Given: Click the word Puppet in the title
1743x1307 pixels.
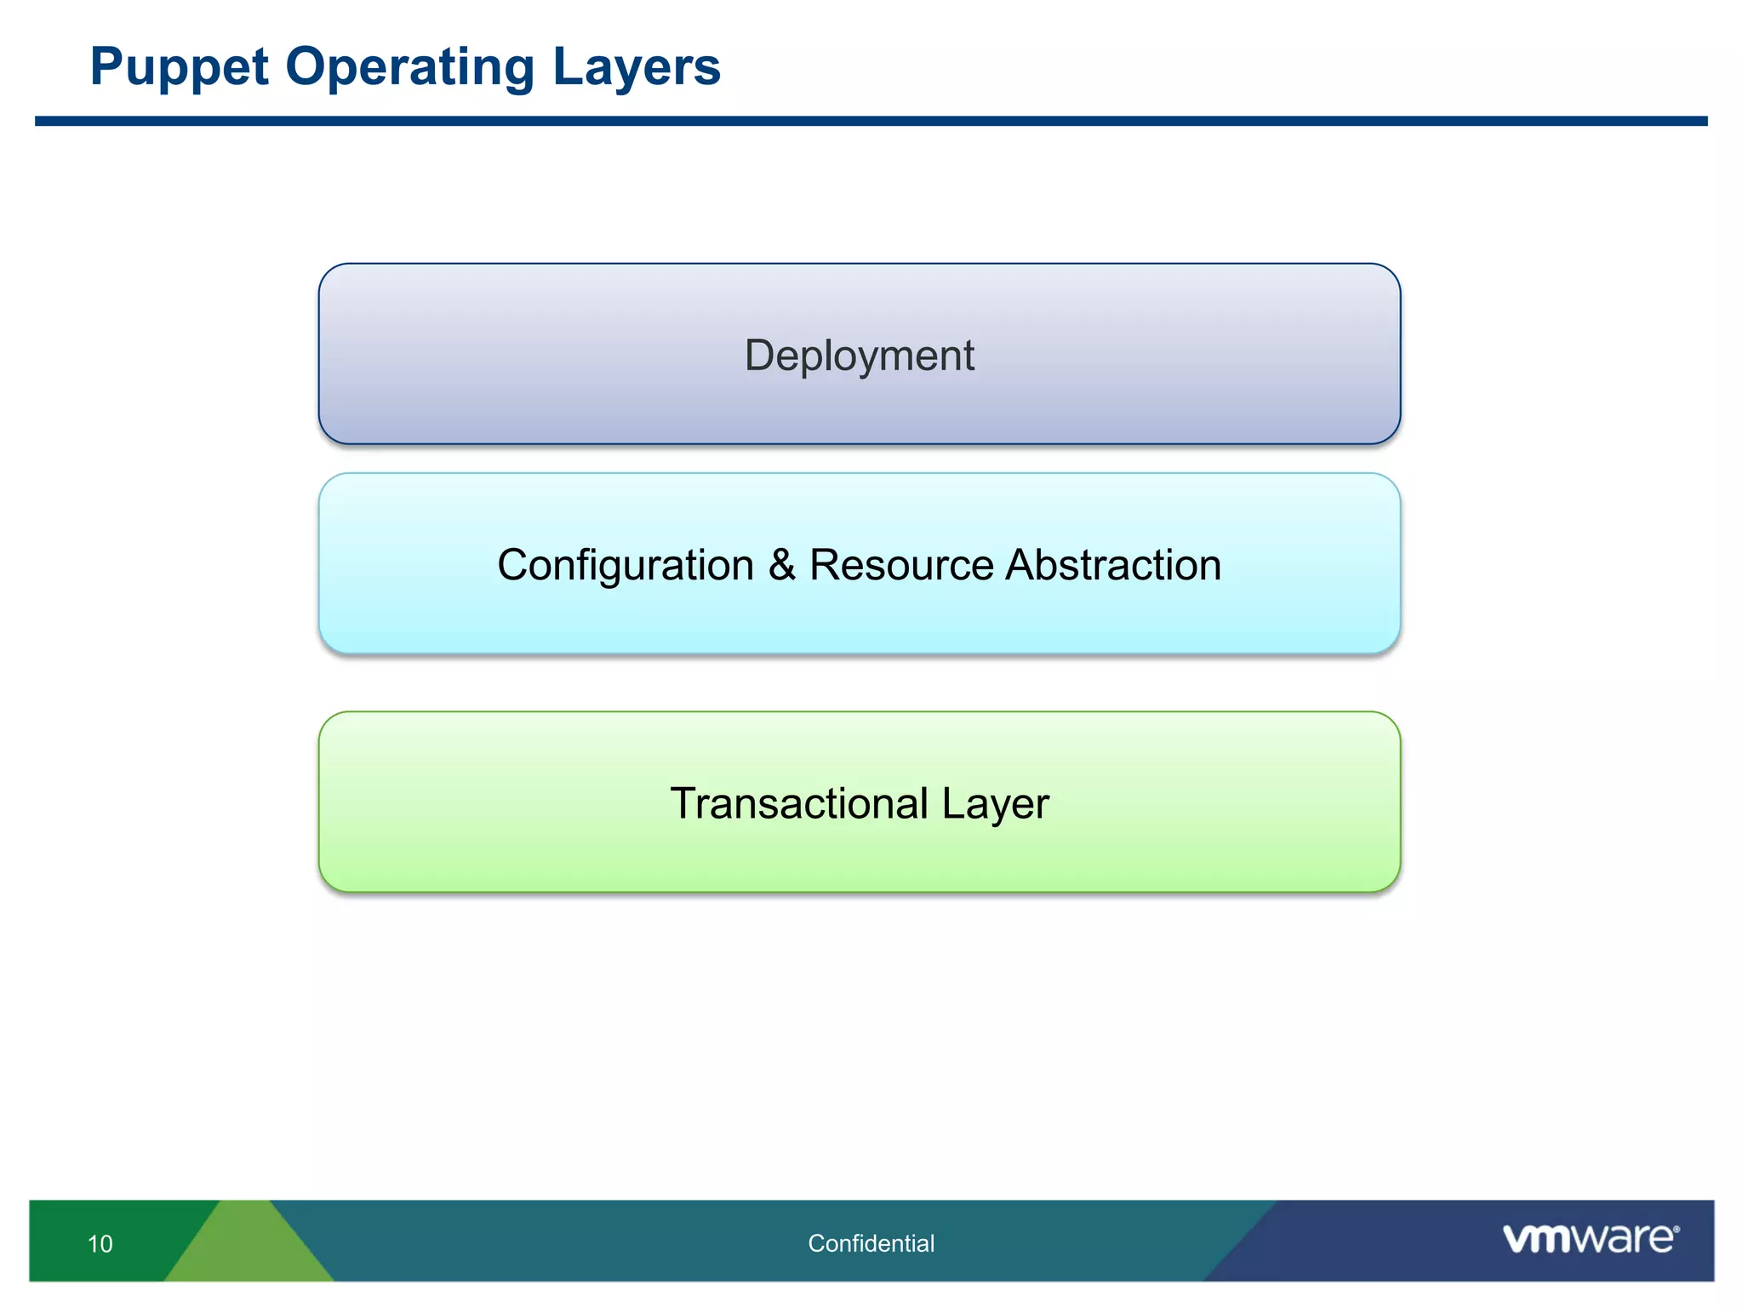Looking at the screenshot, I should coord(179,68).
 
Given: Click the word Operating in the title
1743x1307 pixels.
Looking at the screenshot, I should coord(409,68).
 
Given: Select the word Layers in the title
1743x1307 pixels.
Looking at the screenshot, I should coord(636,68).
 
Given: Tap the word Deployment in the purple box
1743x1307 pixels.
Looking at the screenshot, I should coord(859,356).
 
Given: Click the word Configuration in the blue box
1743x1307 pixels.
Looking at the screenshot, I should coord(625,566).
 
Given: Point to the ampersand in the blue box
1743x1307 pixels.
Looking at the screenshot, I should coord(781,565).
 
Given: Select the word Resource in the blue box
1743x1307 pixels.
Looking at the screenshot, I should coord(900,565).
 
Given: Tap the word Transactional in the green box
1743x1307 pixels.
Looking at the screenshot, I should coord(798,803).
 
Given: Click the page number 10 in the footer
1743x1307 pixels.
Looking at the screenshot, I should coord(100,1244).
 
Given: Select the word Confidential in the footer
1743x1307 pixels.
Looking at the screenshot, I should coord(871,1243).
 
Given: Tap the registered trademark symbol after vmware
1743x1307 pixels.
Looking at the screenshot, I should coord(1676,1230).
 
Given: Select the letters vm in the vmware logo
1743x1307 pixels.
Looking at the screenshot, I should coord(1536,1239).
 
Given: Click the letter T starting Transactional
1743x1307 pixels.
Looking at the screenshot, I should coord(684,803).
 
